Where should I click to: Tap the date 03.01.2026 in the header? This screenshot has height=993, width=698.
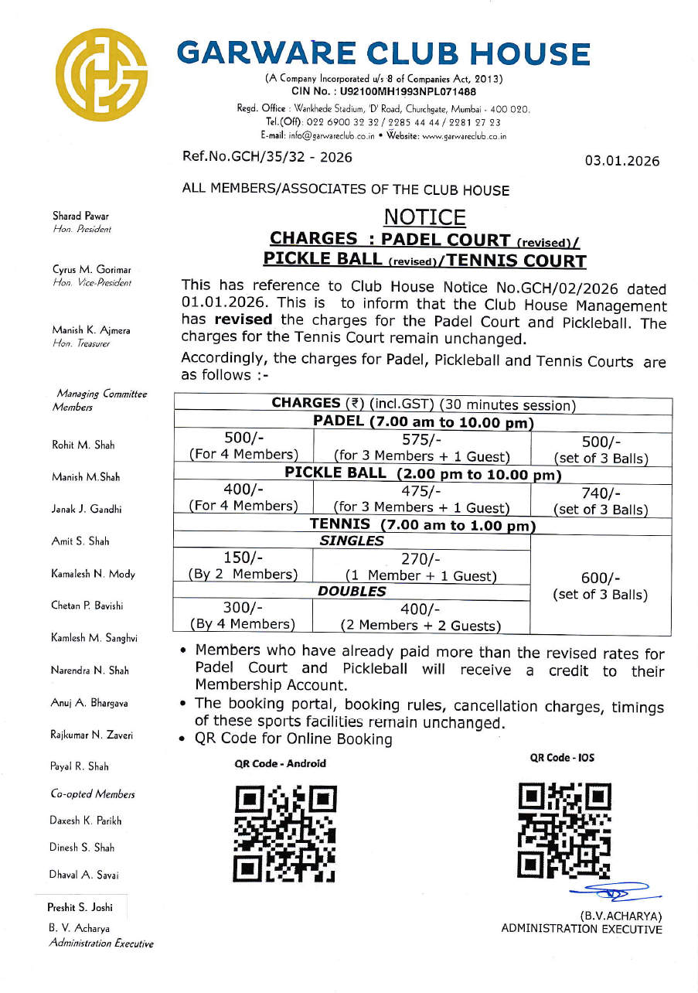pos(622,162)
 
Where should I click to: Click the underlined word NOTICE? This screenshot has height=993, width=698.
pos(424,217)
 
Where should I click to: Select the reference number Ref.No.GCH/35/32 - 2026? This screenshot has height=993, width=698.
pos(267,158)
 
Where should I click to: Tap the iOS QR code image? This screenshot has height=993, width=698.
pos(565,830)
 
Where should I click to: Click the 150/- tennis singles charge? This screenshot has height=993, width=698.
pos(243,558)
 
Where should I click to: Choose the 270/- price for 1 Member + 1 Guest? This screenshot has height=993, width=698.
pos(421,558)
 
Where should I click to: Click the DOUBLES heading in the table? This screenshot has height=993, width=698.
pos(352,591)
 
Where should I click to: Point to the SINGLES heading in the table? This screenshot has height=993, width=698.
pos(352,541)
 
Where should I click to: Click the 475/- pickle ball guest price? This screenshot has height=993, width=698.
pos(421,490)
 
